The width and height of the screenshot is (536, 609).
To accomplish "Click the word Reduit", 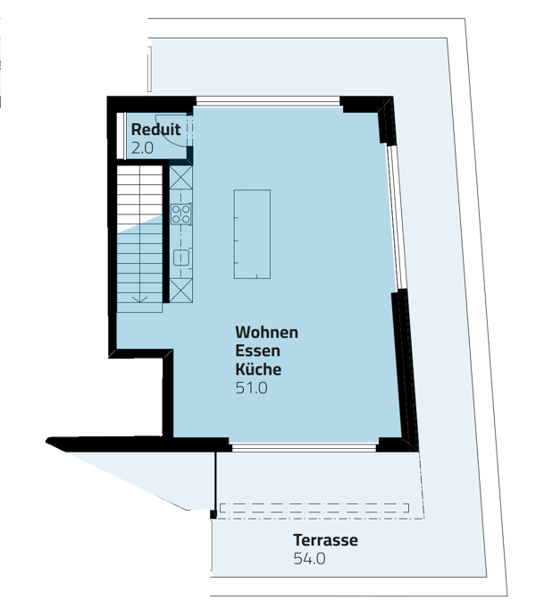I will click(155, 131).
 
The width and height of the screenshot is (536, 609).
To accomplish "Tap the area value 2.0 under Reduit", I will click(143, 148).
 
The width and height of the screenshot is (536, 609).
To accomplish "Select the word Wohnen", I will click(265, 332).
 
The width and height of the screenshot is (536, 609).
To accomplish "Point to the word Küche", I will click(258, 368).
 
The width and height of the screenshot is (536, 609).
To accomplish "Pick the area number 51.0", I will click(251, 388).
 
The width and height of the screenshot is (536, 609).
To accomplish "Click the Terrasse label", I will click(325, 540).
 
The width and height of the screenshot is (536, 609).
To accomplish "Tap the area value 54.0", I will click(309, 559).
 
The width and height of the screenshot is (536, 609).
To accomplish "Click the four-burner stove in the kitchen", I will click(180, 214).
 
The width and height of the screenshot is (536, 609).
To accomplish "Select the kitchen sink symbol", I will click(180, 258).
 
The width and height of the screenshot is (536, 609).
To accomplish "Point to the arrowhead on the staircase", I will click(138, 299).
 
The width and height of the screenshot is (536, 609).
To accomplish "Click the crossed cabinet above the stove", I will click(180, 177).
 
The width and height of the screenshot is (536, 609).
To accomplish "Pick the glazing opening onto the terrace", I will click(304, 444).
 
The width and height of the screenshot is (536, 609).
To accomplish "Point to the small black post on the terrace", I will click(213, 513).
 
